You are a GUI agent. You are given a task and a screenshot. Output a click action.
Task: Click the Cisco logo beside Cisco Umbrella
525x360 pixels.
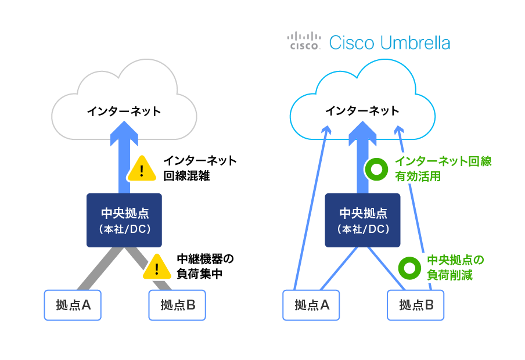pyautogui.click(x=304, y=41)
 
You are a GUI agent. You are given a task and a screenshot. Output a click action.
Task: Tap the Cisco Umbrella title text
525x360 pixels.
pyautogui.click(x=389, y=42)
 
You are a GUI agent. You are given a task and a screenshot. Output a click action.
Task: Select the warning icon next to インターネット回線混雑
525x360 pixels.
pyautogui.click(x=142, y=168)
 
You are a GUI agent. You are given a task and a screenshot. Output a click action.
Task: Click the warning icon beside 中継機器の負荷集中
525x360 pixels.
pyautogui.click(x=157, y=267)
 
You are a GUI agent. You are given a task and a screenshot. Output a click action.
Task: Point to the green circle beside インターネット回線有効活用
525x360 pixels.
pyautogui.click(x=376, y=169)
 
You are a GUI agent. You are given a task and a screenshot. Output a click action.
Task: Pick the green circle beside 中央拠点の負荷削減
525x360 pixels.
pyautogui.click(x=409, y=268)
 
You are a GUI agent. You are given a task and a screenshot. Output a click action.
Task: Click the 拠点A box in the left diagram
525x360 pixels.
pyautogui.click(x=73, y=305)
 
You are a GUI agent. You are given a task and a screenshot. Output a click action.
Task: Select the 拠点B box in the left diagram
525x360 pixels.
pyautogui.click(x=177, y=305)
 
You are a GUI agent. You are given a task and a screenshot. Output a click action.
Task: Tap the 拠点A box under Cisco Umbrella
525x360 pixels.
pyautogui.click(x=311, y=305)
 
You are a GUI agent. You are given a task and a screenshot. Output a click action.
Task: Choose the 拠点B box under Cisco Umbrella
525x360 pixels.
pyautogui.click(x=416, y=305)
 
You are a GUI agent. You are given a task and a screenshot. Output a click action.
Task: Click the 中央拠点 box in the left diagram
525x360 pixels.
pyautogui.click(x=124, y=219)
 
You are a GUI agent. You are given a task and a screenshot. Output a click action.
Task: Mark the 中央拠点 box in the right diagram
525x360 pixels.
pyautogui.click(x=363, y=219)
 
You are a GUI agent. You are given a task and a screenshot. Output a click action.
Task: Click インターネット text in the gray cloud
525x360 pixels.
pyautogui.click(x=124, y=111)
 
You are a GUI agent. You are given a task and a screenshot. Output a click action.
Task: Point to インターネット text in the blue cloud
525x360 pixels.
pyautogui.click(x=362, y=111)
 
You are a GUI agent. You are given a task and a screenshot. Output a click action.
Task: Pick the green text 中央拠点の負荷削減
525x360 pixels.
pyautogui.click(x=455, y=267)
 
